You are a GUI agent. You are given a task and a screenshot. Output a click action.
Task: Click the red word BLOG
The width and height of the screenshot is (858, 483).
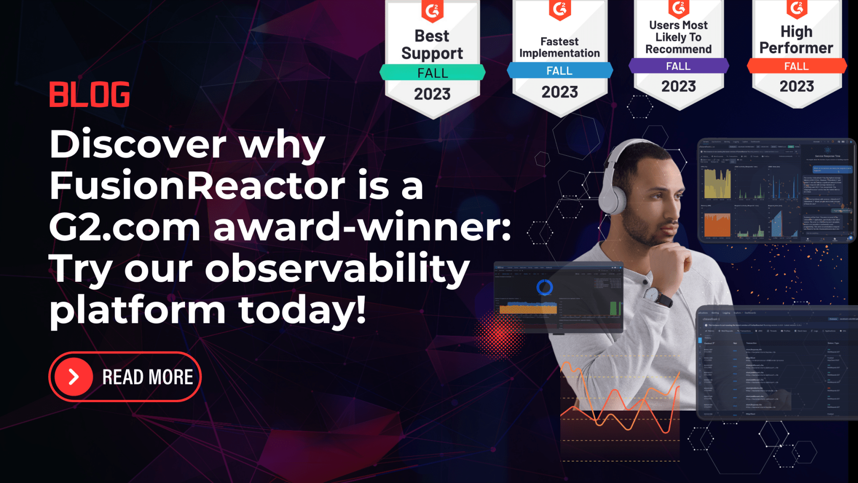[x=89, y=94]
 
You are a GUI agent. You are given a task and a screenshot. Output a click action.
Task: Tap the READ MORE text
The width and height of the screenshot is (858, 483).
[x=147, y=377]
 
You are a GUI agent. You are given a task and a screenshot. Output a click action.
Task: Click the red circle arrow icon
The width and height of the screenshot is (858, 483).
[x=74, y=377]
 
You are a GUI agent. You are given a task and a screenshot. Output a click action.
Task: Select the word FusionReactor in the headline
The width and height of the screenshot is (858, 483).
[x=197, y=186]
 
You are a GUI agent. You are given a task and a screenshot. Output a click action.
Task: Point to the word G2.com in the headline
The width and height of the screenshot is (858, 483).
[x=125, y=227]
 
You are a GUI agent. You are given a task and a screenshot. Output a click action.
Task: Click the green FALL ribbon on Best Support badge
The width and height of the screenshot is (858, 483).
[x=432, y=72]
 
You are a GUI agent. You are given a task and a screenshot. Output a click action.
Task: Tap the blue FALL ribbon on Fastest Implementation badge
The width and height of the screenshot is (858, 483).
[x=559, y=71]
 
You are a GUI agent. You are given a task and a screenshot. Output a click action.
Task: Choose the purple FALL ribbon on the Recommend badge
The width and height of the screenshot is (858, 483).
[x=678, y=66]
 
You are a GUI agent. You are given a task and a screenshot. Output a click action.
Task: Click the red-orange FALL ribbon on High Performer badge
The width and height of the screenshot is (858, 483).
[x=796, y=66]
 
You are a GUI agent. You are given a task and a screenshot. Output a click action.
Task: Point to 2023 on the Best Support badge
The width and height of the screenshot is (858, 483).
[x=432, y=94]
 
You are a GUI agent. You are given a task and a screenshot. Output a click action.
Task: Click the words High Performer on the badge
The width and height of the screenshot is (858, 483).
[x=796, y=40]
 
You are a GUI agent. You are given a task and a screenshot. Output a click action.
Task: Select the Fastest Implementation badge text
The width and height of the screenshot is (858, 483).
[x=559, y=47]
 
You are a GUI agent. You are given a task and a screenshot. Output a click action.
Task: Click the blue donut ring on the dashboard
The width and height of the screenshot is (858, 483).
[x=545, y=287]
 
